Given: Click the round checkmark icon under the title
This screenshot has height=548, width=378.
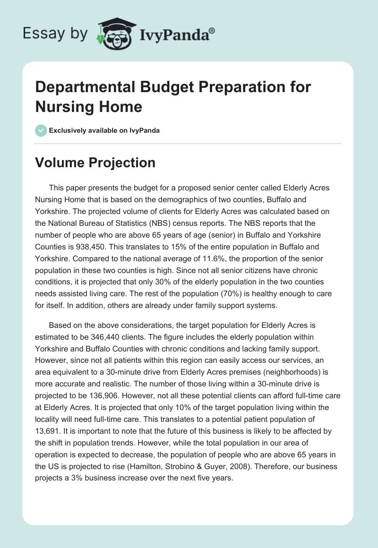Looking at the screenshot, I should (x=41, y=130).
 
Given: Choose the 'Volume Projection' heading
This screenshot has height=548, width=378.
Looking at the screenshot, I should (x=95, y=163).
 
